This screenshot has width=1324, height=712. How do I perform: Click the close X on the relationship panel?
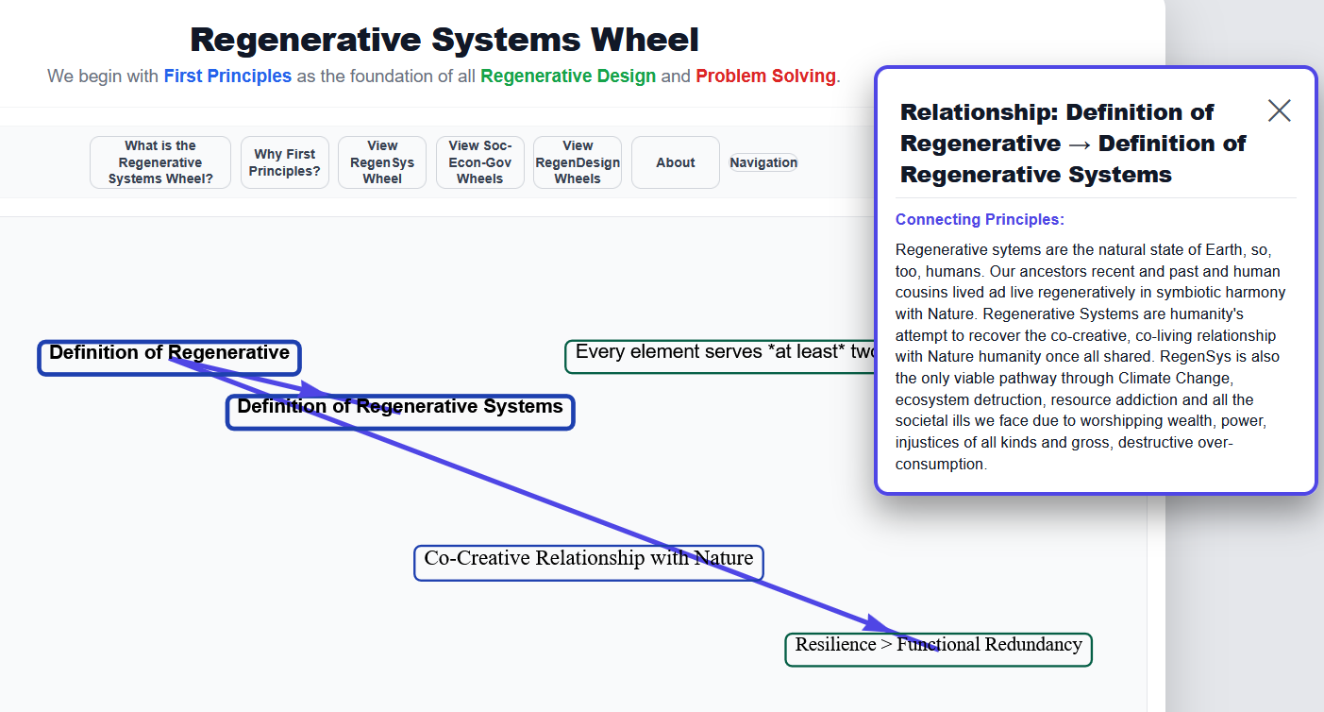tap(1279, 110)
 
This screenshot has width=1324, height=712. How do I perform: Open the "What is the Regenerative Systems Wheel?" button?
tap(160, 162)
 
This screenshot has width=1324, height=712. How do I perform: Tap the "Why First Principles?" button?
tap(285, 162)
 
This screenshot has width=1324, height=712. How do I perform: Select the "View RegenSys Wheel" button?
tap(382, 162)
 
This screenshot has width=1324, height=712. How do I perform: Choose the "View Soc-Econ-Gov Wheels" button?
tap(480, 162)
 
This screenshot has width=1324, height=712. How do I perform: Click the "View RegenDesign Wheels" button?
tap(578, 162)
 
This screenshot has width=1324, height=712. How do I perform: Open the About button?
tap(676, 162)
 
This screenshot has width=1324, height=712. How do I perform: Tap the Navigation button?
tap(763, 162)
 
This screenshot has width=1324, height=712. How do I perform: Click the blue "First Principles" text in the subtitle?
tap(227, 76)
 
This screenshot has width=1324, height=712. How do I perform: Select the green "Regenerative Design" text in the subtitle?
tap(568, 76)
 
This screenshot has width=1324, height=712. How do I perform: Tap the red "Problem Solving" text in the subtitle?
tap(765, 76)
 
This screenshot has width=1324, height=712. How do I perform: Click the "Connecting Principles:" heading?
tap(980, 220)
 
